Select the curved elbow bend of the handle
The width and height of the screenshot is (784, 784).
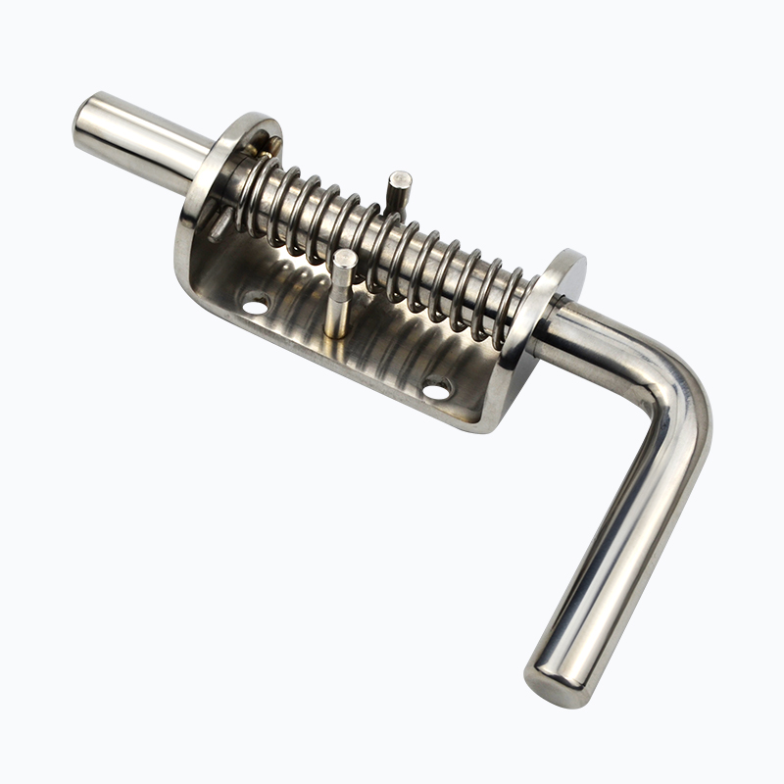pos(676,392)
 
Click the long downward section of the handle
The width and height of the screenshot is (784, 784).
pos(608,549)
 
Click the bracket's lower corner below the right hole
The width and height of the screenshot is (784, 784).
pos(480,421)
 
